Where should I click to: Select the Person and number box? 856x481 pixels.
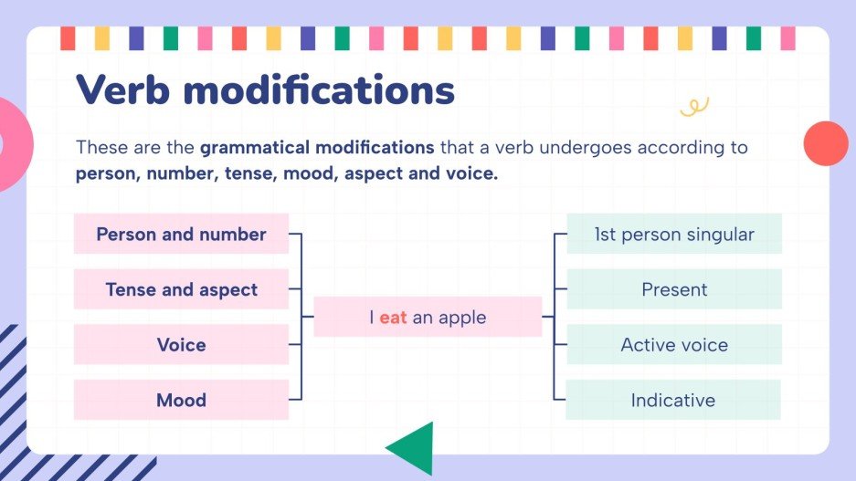[x=181, y=235]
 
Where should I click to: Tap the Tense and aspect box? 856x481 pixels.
[x=181, y=290]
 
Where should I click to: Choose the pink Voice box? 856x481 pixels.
[x=181, y=345]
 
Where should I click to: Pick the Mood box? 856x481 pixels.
[x=181, y=400]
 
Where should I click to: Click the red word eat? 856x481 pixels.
[x=393, y=318]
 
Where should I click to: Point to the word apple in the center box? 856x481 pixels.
[x=461, y=319]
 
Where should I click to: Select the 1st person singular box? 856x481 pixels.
[x=674, y=235]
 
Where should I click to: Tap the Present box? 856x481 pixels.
[x=674, y=290]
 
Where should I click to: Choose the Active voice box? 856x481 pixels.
[x=674, y=345]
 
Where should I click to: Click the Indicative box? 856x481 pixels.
[x=674, y=400]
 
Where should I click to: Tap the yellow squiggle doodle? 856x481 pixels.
[x=694, y=108]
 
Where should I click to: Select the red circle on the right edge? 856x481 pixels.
[x=826, y=143]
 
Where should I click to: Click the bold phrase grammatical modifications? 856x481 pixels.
[x=317, y=147]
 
